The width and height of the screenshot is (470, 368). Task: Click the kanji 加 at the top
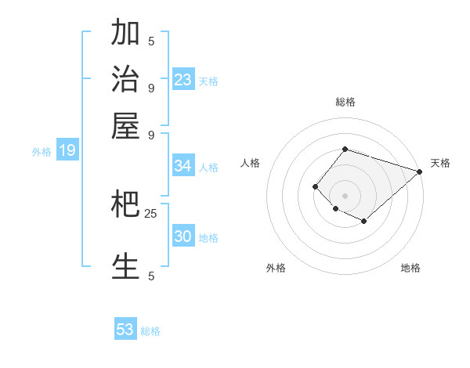click(126, 33)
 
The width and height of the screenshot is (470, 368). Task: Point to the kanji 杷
click(126, 204)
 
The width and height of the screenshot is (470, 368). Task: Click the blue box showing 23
click(183, 79)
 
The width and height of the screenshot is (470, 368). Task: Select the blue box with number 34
click(183, 166)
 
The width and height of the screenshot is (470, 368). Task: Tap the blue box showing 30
click(183, 236)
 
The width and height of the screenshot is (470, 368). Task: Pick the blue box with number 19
click(67, 150)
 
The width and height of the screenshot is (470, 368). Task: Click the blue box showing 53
click(125, 330)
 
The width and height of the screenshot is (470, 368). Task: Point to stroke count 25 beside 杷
click(151, 213)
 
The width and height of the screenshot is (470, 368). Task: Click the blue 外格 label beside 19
click(42, 152)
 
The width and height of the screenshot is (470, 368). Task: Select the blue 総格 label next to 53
click(150, 331)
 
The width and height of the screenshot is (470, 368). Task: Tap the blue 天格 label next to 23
click(208, 81)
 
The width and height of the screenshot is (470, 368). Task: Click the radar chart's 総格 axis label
click(345, 102)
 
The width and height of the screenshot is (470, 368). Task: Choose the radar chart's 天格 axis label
click(440, 163)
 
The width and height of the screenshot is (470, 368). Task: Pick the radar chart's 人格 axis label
click(251, 163)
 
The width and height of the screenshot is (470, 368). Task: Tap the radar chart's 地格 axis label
click(410, 268)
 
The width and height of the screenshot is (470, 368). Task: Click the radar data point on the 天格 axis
click(419, 171)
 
